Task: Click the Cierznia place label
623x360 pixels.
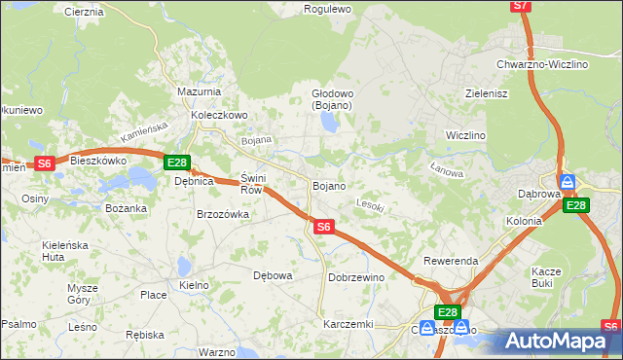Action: tap(83, 12)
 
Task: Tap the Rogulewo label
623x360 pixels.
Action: tap(327, 9)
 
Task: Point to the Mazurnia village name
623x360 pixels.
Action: tap(199, 91)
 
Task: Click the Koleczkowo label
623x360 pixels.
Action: tap(220, 114)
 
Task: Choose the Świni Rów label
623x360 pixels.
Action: tap(252, 184)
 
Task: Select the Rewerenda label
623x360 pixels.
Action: tap(451, 262)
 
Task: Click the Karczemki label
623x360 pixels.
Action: tap(348, 324)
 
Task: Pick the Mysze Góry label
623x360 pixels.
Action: tap(83, 294)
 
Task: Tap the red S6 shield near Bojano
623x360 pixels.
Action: tap(325, 227)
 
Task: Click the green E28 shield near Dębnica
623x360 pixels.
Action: tap(176, 162)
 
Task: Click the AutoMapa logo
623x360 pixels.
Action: tap(557, 341)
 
